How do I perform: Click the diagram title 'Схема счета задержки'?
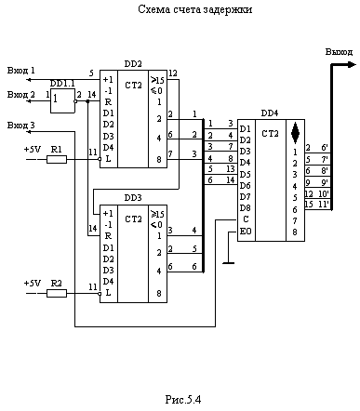tap(194, 9)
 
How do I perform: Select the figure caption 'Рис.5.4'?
tap(183, 399)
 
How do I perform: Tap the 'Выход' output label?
tap(339, 52)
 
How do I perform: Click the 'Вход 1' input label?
tap(21, 71)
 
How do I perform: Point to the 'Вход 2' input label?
tap(21, 94)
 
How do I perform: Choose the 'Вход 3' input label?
tap(21, 126)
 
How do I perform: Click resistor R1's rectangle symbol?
tap(57, 160)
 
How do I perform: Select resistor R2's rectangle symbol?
tap(57, 293)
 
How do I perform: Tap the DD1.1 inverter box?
tap(62, 100)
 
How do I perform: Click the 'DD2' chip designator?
tap(133, 64)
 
